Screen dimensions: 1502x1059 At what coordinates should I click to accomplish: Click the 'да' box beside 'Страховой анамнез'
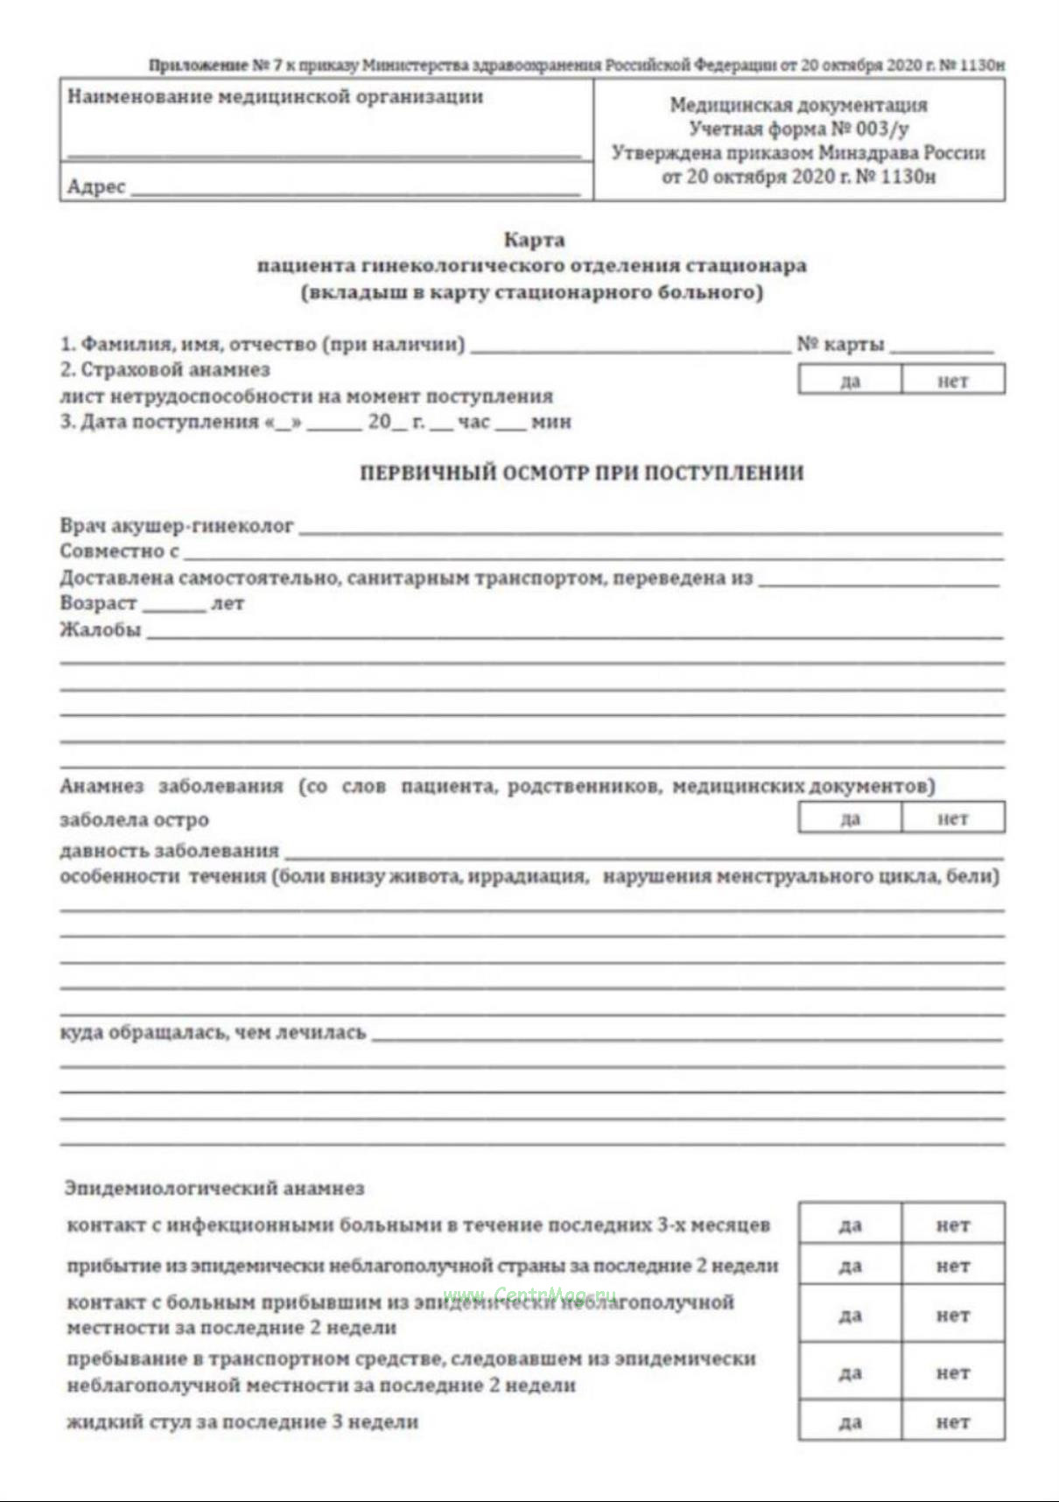(849, 381)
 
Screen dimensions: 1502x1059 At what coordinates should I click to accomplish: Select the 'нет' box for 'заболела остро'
(952, 818)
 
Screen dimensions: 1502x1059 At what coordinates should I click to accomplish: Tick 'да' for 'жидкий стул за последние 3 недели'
(849, 1422)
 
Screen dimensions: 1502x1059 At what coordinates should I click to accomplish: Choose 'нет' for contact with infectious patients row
(952, 1225)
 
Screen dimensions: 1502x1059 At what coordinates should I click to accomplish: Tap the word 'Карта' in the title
(534, 239)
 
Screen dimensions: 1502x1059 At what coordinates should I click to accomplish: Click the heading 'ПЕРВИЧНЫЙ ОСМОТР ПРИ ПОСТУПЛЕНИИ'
(582, 474)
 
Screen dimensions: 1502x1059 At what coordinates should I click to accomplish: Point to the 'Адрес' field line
(354, 190)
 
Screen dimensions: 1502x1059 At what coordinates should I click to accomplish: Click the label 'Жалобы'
(100, 630)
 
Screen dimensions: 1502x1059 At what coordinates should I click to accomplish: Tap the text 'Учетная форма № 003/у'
(798, 130)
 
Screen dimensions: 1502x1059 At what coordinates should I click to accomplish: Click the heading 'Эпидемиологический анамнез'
(214, 1189)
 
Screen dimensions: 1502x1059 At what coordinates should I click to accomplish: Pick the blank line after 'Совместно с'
(593, 555)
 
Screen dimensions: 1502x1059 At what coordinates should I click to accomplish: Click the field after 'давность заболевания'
(643, 853)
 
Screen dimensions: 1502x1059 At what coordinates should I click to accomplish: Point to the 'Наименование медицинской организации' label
(275, 97)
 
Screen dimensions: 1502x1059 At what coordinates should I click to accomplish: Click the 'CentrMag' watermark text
(529, 1295)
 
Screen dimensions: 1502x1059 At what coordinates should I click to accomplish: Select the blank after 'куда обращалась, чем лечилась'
(687, 1036)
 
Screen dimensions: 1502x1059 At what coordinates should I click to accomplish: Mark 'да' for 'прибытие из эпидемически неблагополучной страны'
(849, 1266)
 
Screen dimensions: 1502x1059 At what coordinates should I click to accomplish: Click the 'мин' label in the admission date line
(551, 422)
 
